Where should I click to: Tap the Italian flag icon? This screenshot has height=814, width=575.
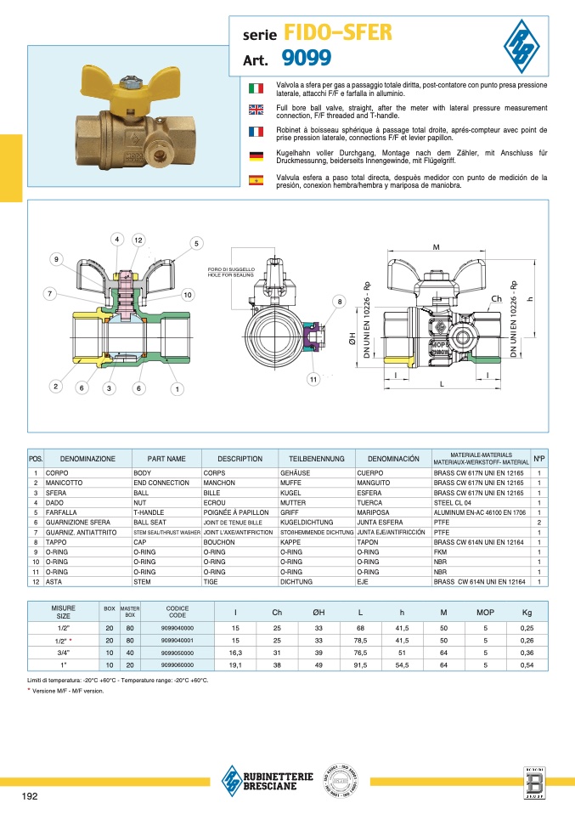click(255, 88)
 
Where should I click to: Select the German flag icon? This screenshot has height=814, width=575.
click(255, 155)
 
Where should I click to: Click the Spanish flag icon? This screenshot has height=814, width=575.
click(255, 180)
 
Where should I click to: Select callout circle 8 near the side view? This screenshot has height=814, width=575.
click(340, 302)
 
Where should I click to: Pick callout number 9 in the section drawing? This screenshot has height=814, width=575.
click(57, 258)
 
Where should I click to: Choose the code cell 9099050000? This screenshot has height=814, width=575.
click(178, 653)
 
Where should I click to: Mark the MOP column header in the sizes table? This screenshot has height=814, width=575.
click(485, 612)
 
